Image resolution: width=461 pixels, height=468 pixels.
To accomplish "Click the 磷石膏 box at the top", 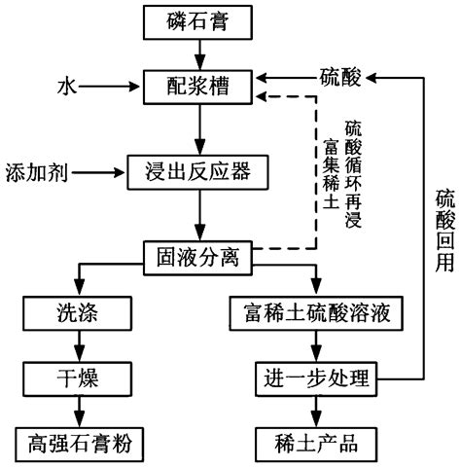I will (x=198, y=19).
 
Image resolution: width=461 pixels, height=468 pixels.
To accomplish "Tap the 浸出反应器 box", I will (x=198, y=173).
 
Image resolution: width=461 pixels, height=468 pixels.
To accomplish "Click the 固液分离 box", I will (x=198, y=257).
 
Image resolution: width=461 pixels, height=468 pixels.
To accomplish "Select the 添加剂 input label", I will (x=32, y=173).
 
